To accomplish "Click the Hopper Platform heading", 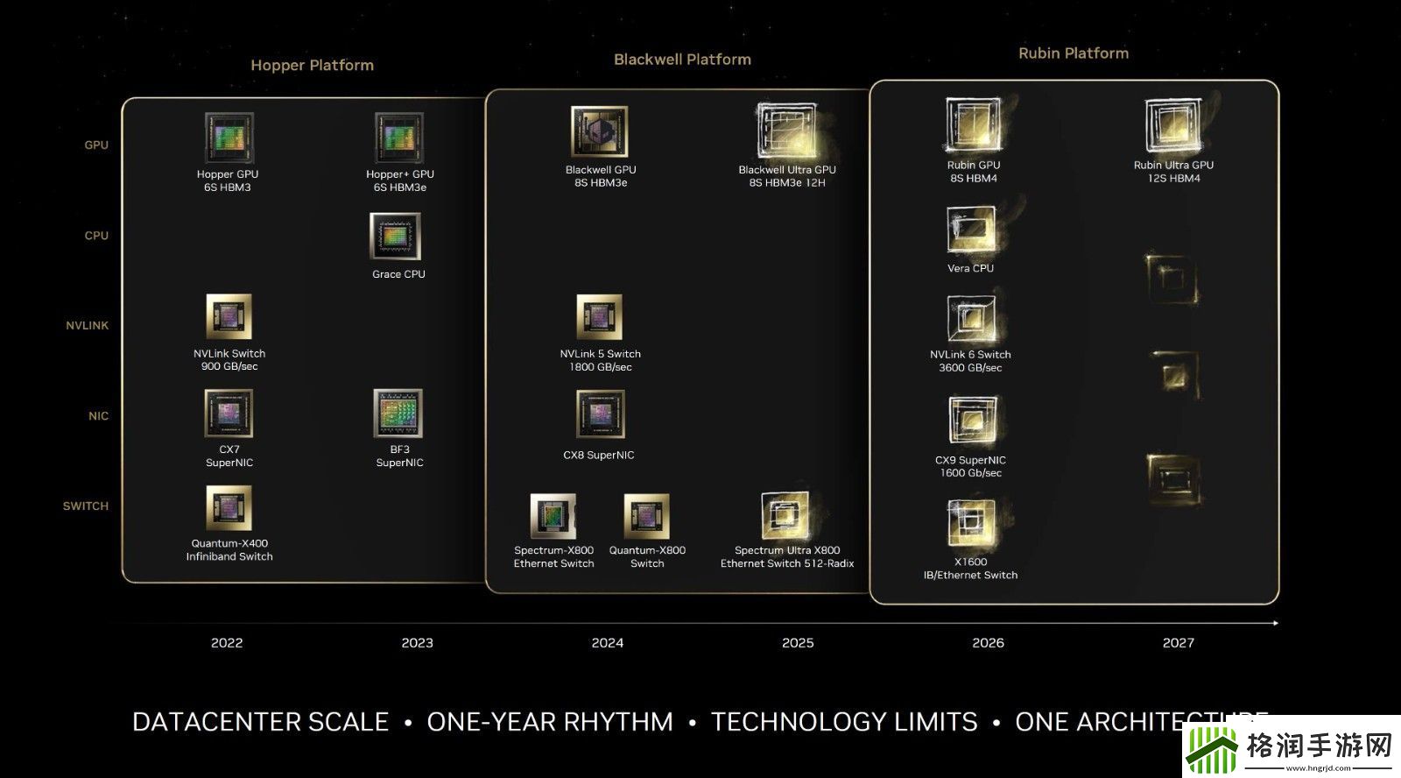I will pyautogui.click(x=312, y=65).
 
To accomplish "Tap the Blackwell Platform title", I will pyautogui.click(x=682, y=60).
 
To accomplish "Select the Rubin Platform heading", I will pyautogui.click(x=1073, y=53).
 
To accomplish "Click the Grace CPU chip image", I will pyautogui.click(x=396, y=237).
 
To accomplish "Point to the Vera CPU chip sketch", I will pyautogui.click(x=971, y=230).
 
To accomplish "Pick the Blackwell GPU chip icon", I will pyautogui.click(x=600, y=132).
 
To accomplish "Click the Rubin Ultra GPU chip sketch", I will pyautogui.click(x=1172, y=126).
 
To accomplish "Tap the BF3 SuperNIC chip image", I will pyautogui.click(x=398, y=413).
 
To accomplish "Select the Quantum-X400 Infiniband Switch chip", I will pyautogui.click(x=229, y=508).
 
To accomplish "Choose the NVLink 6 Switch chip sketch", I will pyautogui.click(x=970, y=318).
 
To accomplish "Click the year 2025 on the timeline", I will pyautogui.click(x=798, y=643).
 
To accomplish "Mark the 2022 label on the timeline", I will pyautogui.click(x=227, y=643).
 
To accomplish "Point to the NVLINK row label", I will pyautogui.click(x=88, y=326).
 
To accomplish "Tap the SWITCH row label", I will pyautogui.click(x=86, y=506).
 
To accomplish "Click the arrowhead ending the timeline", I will pyautogui.click(x=1275, y=623).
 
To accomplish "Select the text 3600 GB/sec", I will pyautogui.click(x=970, y=368).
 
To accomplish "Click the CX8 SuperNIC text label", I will pyautogui.click(x=599, y=456).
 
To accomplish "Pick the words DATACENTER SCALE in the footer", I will pyautogui.click(x=260, y=722).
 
